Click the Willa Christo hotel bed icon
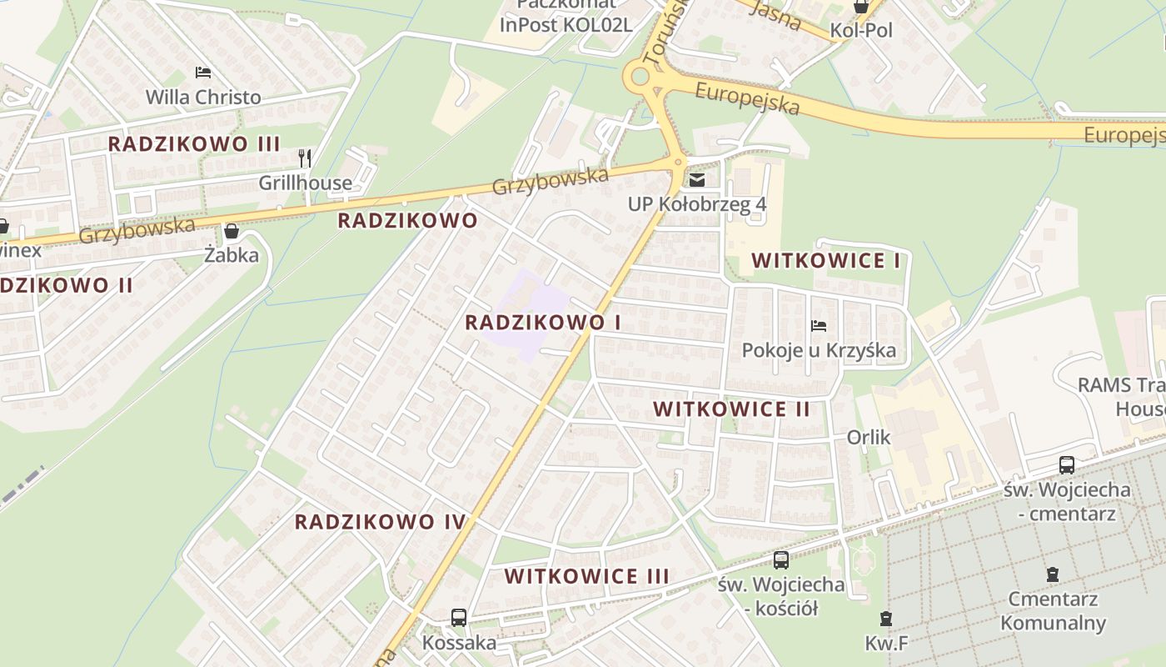tap(203, 73)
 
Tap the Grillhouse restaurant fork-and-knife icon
tap(306, 158)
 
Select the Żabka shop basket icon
tap(231, 231)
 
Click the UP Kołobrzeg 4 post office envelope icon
tap(697, 179)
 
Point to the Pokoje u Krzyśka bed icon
tap(819, 326)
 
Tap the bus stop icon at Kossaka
tap(458, 618)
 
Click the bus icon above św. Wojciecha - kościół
tap(780, 560)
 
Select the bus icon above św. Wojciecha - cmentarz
tap(1066, 465)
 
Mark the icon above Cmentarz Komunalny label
tap(1053, 574)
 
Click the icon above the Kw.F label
tap(885, 619)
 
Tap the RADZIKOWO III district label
tap(194, 143)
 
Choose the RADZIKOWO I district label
tap(543, 323)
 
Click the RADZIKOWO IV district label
tap(380, 523)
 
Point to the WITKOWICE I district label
tap(825, 261)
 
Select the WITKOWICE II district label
tap(731, 409)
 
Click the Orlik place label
tap(869, 437)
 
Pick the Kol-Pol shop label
tap(861, 31)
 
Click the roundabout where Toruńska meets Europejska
tap(640, 77)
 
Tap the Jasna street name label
tap(775, 14)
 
